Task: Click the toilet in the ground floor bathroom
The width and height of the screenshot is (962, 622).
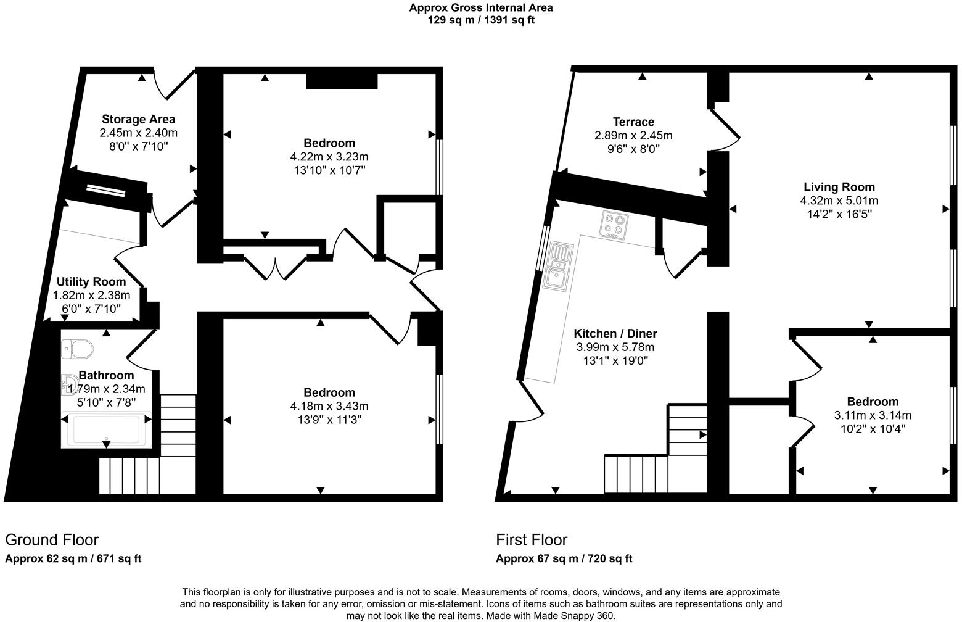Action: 78,349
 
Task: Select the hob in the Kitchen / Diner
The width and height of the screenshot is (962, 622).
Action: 614,225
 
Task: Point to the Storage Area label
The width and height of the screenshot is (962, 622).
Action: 138,119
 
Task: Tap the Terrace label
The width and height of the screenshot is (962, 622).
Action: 633,122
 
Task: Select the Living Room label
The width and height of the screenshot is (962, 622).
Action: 839,187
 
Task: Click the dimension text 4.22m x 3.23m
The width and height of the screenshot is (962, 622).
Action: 329,157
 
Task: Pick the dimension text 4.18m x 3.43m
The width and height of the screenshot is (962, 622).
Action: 329,406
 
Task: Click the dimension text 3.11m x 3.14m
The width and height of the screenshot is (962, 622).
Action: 872,415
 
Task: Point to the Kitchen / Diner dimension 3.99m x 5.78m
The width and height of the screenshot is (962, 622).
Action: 615,347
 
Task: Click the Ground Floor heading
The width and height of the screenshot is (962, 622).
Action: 52,540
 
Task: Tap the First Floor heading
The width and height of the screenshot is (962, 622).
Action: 532,540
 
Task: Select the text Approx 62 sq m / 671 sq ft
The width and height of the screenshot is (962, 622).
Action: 73,559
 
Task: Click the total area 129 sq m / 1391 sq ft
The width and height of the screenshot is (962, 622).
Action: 481,20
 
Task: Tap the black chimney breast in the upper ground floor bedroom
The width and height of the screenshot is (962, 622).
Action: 342,81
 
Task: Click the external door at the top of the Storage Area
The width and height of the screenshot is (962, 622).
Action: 175,85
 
